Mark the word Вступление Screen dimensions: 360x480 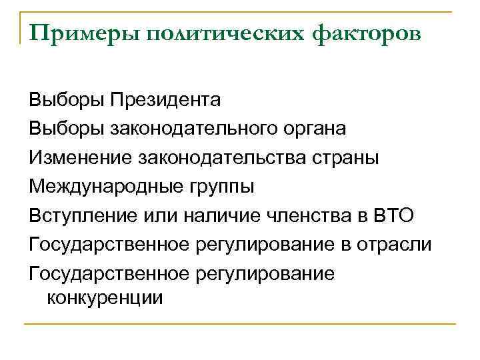coord(82,216)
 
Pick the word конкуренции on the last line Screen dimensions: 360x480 coord(104,297)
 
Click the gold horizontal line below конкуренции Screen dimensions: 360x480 coord(240,324)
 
